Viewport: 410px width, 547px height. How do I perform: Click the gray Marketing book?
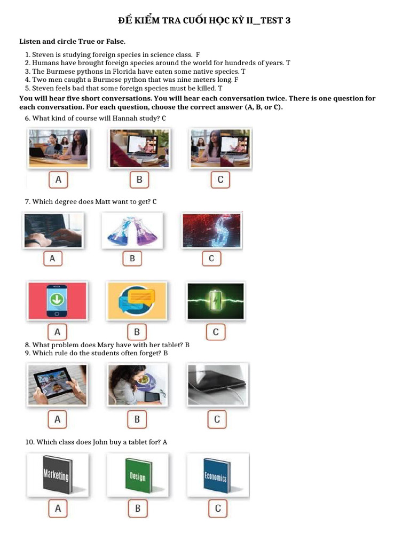coord(57,475)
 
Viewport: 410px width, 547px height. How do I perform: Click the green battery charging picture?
coord(216,301)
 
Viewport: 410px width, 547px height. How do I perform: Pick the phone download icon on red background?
coord(57,301)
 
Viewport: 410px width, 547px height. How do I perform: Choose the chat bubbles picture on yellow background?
coord(137,301)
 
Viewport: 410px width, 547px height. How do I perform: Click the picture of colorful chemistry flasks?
coord(132,231)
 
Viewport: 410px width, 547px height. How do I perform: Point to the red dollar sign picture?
coord(211,231)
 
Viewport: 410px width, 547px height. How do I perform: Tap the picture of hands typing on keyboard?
coord(53,231)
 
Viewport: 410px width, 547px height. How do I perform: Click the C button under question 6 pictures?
coord(220,179)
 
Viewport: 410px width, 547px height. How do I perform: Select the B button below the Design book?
coord(137,509)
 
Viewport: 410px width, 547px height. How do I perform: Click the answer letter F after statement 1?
coord(198,54)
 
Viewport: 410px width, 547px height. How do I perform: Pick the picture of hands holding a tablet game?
coord(57,385)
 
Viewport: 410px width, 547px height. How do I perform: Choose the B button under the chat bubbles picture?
coord(137,332)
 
